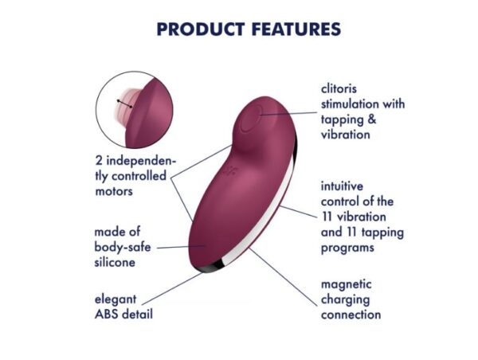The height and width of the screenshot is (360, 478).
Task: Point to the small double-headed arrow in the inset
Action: [123, 103]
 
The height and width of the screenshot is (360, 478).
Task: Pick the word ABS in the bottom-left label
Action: [105, 314]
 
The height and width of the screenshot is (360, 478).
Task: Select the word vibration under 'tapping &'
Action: [346, 135]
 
